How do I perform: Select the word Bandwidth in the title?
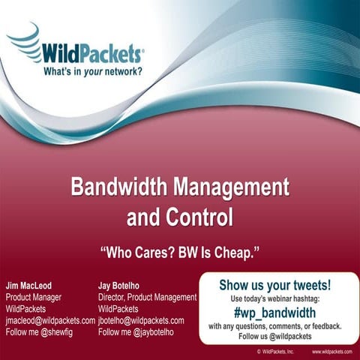coord(118,187)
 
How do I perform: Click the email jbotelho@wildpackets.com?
coord(141,320)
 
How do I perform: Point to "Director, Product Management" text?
coord(147,298)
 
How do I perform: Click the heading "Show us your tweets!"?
coord(275,285)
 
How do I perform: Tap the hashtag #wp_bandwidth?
coord(275,313)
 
